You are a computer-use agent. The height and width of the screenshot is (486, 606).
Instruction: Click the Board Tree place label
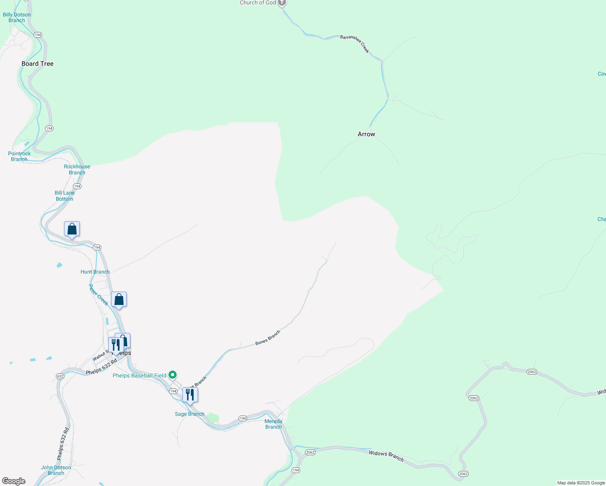pyautogui.click(x=37, y=64)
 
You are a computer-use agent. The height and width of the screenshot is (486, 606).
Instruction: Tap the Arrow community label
pyautogui.click(x=366, y=134)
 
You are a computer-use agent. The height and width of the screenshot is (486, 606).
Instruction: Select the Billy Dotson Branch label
pyautogui.click(x=17, y=17)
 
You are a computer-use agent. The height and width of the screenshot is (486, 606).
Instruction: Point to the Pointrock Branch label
pyautogui.click(x=19, y=156)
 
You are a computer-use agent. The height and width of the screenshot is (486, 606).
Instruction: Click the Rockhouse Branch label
pyautogui.click(x=77, y=169)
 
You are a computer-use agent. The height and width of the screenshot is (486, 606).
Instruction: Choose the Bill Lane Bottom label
pyautogui.click(x=65, y=196)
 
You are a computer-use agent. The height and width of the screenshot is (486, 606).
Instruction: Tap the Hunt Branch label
pyautogui.click(x=95, y=272)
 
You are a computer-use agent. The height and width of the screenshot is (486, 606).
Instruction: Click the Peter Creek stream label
pyautogui.click(x=98, y=295)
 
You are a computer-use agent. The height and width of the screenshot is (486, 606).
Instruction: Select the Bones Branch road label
pyautogui.click(x=268, y=338)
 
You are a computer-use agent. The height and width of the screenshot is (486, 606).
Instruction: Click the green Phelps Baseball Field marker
pyautogui.click(x=173, y=375)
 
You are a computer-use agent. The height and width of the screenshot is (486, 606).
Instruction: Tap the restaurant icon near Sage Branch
pyautogui.click(x=190, y=395)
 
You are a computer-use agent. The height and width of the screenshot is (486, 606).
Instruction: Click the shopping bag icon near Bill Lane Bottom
pyautogui.click(x=72, y=229)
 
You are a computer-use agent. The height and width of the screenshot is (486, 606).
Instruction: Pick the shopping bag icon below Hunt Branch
pyautogui.click(x=119, y=300)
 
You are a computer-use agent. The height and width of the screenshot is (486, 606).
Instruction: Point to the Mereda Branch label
pyautogui.click(x=273, y=424)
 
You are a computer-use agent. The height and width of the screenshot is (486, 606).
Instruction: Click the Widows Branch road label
pyautogui.click(x=386, y=456)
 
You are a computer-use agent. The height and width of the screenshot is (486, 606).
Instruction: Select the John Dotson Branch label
pyautogui.click(x=56, y=470)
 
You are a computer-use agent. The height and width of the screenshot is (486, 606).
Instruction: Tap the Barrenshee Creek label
pyautogui.click(x=355, y=43)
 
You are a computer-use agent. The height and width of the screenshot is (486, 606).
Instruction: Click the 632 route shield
pyautogui.click(x=60, y=376)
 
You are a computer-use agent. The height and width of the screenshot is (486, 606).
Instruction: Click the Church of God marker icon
pyautogui.click(x=282, y=3)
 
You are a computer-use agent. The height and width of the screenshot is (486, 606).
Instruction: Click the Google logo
pyautogui.click(x=14, y=481)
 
